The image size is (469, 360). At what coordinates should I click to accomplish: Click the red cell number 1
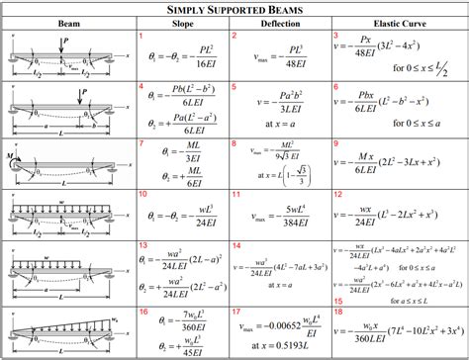[x=141, y=36]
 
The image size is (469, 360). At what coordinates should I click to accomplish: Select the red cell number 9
[x=338, y=142]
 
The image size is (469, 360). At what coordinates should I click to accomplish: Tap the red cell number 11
[x=237, y=194]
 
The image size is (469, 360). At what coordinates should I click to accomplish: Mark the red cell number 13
[x=142, y=244]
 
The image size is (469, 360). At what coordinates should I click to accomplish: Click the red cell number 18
[x=338, y=310]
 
